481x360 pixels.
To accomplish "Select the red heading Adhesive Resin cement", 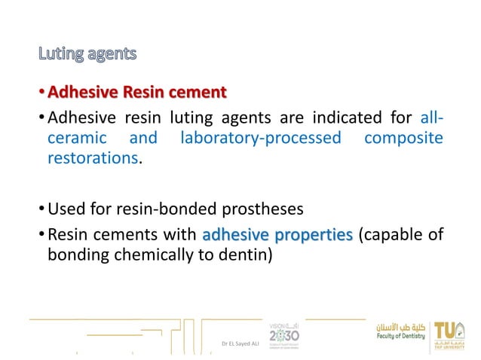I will click(136, 93).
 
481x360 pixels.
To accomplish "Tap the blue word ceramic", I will click(73, 139).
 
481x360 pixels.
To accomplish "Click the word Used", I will click(65, 208).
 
